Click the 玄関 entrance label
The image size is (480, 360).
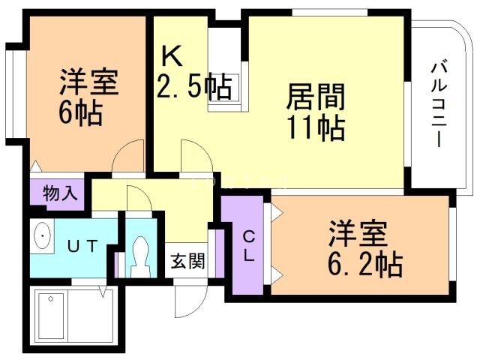tap(187, 261)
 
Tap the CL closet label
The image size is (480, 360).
tap(248, 246)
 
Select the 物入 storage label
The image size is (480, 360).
tap(60, 193)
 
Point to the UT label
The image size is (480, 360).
tap(82, 246)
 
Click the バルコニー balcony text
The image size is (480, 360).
tap(439, 104)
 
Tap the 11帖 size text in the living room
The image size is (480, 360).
tap(316, 127)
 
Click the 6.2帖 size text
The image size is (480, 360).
tap(365, 264)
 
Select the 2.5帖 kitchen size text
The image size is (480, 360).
tap(193, 86)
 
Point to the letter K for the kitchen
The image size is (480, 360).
tap(172, 57)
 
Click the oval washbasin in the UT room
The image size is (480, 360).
tap(42, 235)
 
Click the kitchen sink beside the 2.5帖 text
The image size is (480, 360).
tap(227, 88)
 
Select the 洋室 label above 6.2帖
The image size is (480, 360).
tap(358, 233)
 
